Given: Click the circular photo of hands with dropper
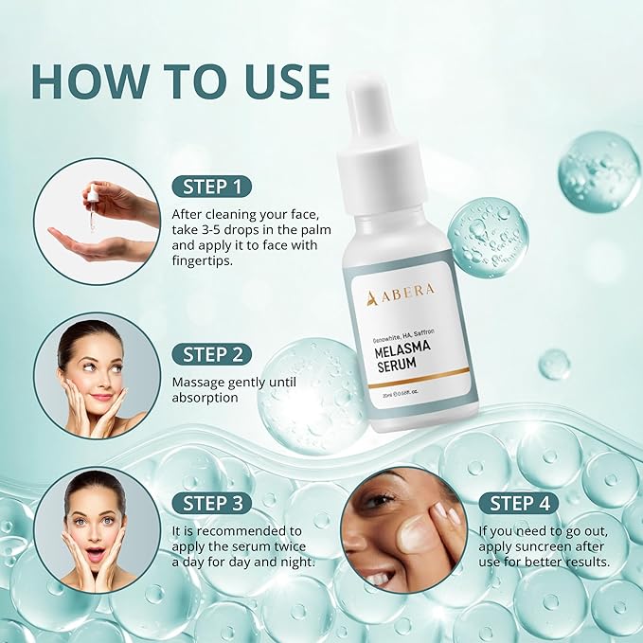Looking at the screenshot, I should pos(97,221).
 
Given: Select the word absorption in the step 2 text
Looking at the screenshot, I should pos(205,398).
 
